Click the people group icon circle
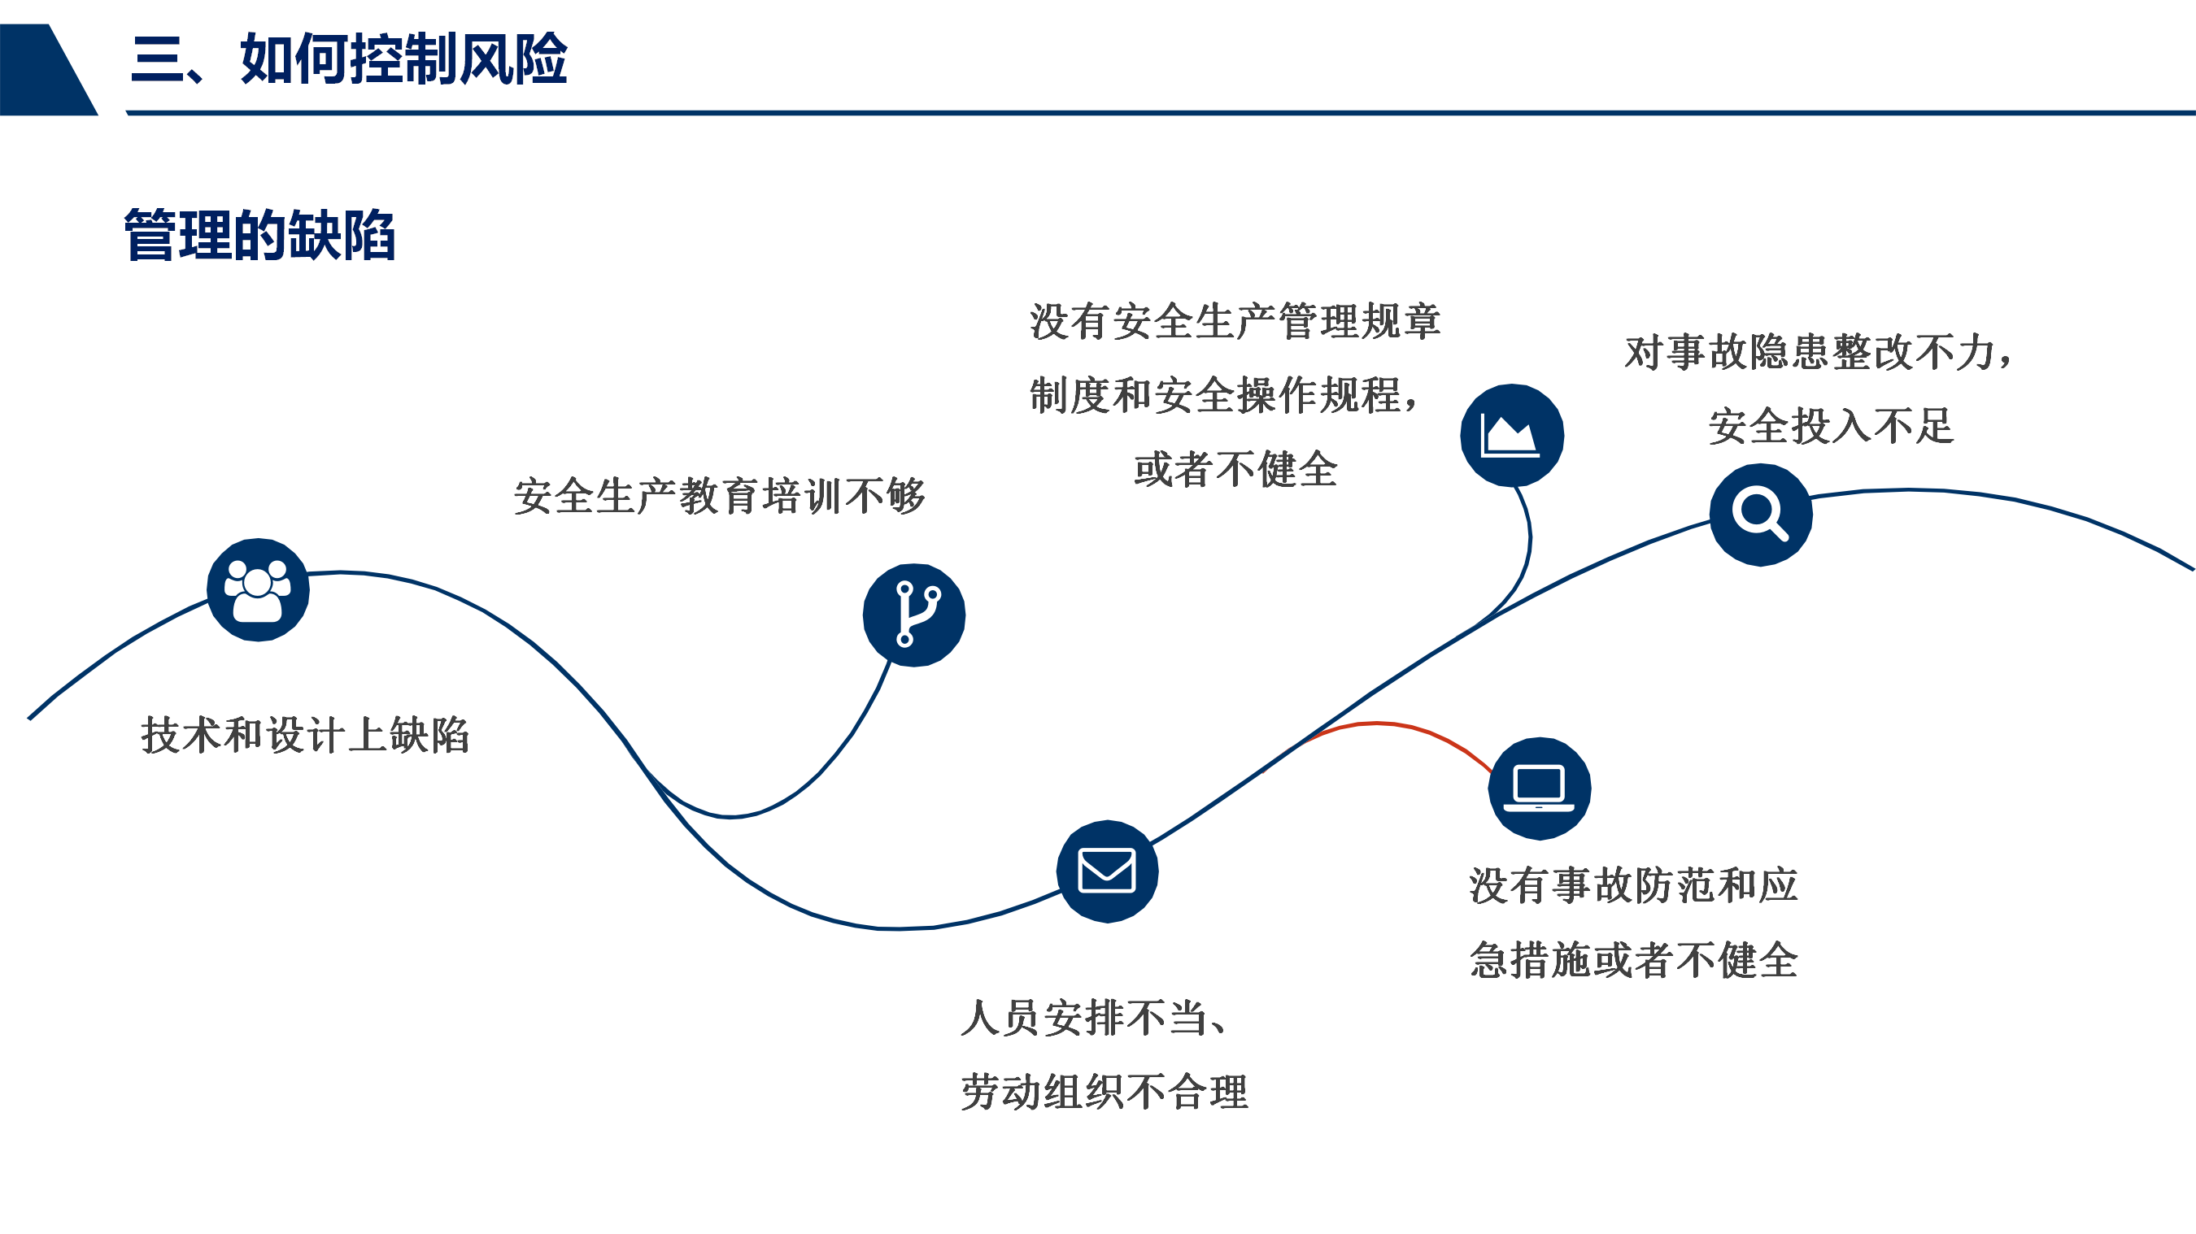(x=259, y=589)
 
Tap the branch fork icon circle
(x=914, y=615)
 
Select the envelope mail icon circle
(x=1106, y=871)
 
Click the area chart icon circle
(x=1511, y=436)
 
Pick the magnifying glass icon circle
(x=1760, y=515)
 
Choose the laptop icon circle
(x=1539, y=789)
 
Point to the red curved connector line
(x=1398, y=728)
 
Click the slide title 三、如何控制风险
(x=349, y=59)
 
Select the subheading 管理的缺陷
(x=260, y=235)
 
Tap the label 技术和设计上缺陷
(x=305, y=735)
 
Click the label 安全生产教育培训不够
(x=720, y=496)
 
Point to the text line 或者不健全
(x=1235, y=470)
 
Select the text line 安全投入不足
(x=1830, y=426)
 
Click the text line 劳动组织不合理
(x=1104, y=1092)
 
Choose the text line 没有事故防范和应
(x=1633, y=885)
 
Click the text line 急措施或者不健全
(x=1633, y=960)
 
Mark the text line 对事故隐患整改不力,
(x=1819, y=352)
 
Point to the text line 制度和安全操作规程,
(x=1224, y=395)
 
